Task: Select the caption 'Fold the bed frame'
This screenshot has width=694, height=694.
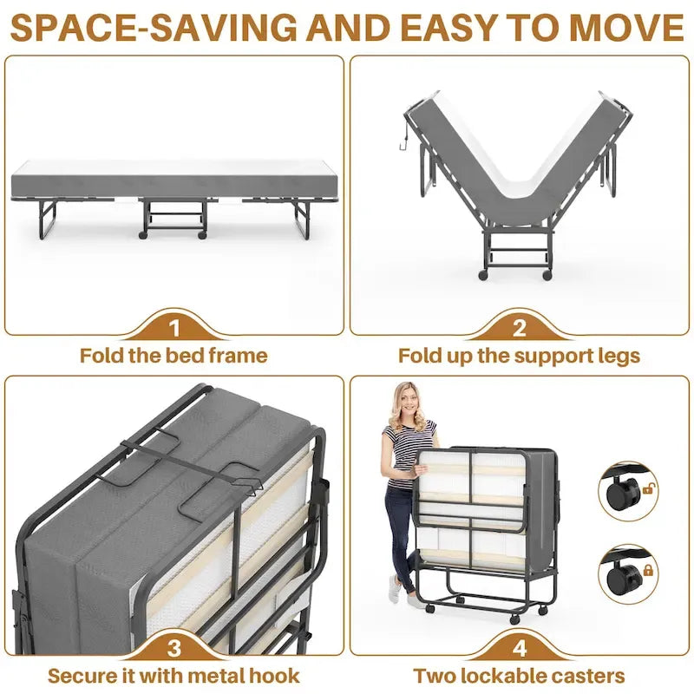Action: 173,356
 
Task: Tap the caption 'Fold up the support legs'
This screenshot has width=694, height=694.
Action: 519,356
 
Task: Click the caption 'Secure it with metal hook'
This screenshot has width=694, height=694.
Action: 173,676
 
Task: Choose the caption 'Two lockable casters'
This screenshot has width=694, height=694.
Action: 519,676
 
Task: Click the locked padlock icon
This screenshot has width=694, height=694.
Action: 648,570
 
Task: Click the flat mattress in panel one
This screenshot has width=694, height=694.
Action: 173,182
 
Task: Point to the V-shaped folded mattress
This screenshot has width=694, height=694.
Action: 518,165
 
